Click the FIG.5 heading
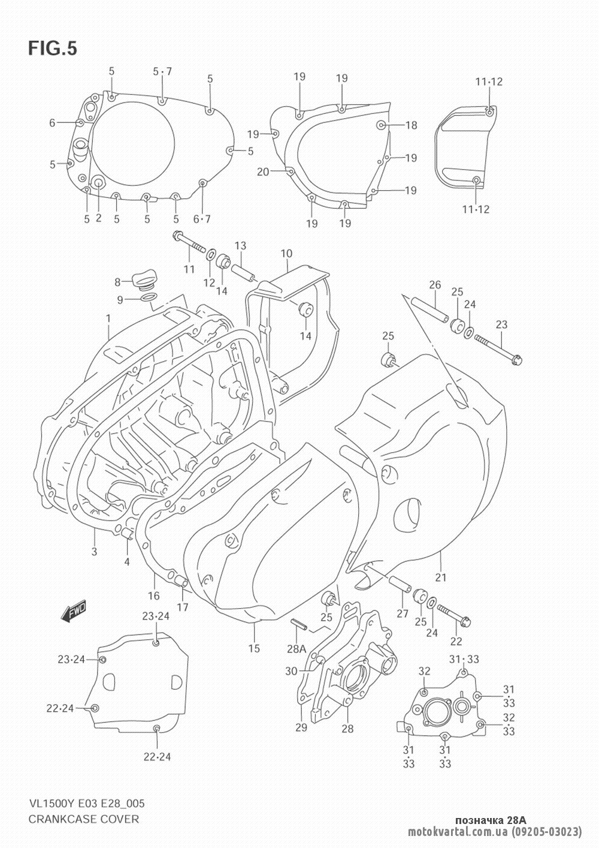[52, 49]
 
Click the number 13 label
[240, 245]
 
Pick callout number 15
[254, 648]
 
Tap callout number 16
[154, 596]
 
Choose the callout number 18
[411, 125]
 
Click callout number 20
[263, 172]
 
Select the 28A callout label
[297, 649]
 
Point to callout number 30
[291, 671]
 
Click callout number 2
[99, 219]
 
